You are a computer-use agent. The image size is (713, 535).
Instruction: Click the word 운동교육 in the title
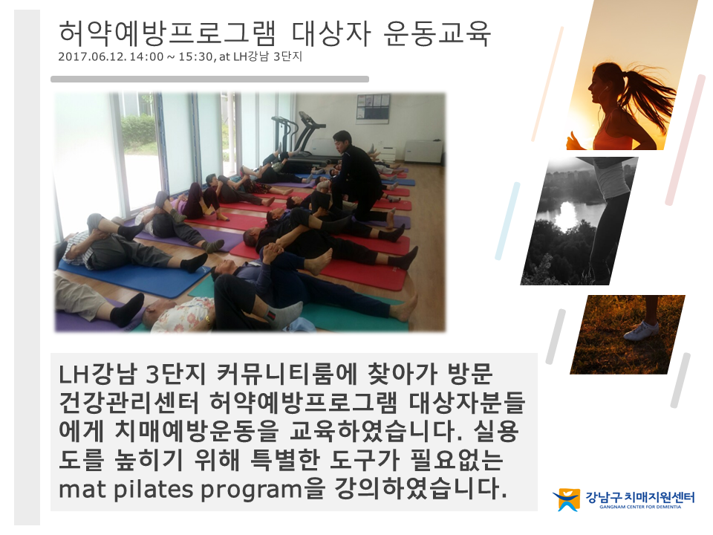click(437, 33)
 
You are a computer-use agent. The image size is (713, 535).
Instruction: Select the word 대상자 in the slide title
click(331, 33)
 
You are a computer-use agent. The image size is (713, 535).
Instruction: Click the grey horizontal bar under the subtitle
click(209, 80)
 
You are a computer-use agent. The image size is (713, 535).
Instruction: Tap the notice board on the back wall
click(373, 108)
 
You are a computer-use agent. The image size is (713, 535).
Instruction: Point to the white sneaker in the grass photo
click(641, 330)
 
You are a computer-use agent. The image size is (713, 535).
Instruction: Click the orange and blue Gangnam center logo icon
click(567, 499)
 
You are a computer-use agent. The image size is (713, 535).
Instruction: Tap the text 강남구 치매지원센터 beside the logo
click(639, 497)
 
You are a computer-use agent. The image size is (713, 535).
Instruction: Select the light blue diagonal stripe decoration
click(507, 221)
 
